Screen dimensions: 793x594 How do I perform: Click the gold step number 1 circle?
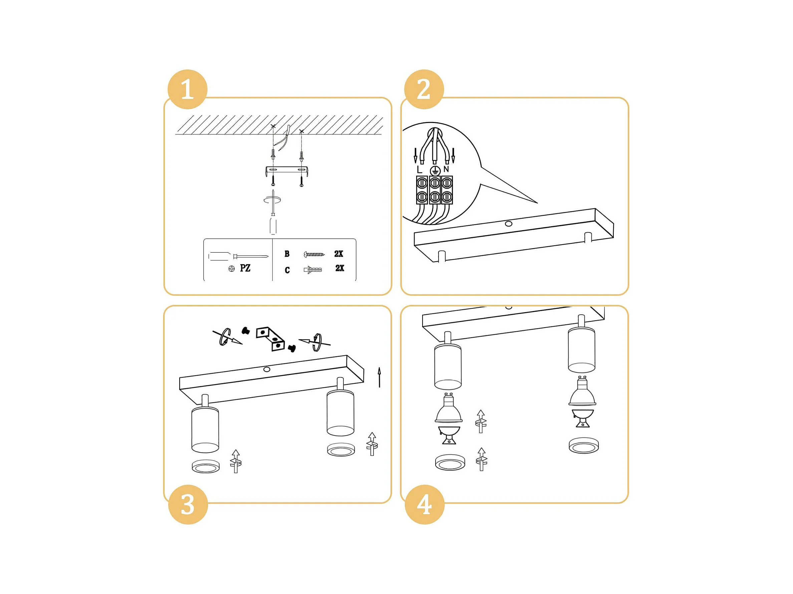188,89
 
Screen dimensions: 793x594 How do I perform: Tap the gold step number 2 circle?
424,89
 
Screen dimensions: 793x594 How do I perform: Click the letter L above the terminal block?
420,169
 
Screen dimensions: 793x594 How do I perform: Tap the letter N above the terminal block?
446,169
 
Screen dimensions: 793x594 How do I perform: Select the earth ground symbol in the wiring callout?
435,171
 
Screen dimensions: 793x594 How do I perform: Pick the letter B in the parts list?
287,254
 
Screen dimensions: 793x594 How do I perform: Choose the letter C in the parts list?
287,270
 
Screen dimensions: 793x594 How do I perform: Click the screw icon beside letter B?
314,254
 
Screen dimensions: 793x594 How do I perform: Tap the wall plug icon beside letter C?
313,270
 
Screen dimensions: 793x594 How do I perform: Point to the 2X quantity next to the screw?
339,254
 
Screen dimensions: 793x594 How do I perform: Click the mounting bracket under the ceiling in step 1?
287,170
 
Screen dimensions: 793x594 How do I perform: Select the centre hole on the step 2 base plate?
508,224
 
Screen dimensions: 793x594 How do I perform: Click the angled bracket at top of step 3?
270,339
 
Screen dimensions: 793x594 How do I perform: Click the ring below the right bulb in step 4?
584,446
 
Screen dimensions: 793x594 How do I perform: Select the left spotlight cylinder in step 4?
448,366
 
